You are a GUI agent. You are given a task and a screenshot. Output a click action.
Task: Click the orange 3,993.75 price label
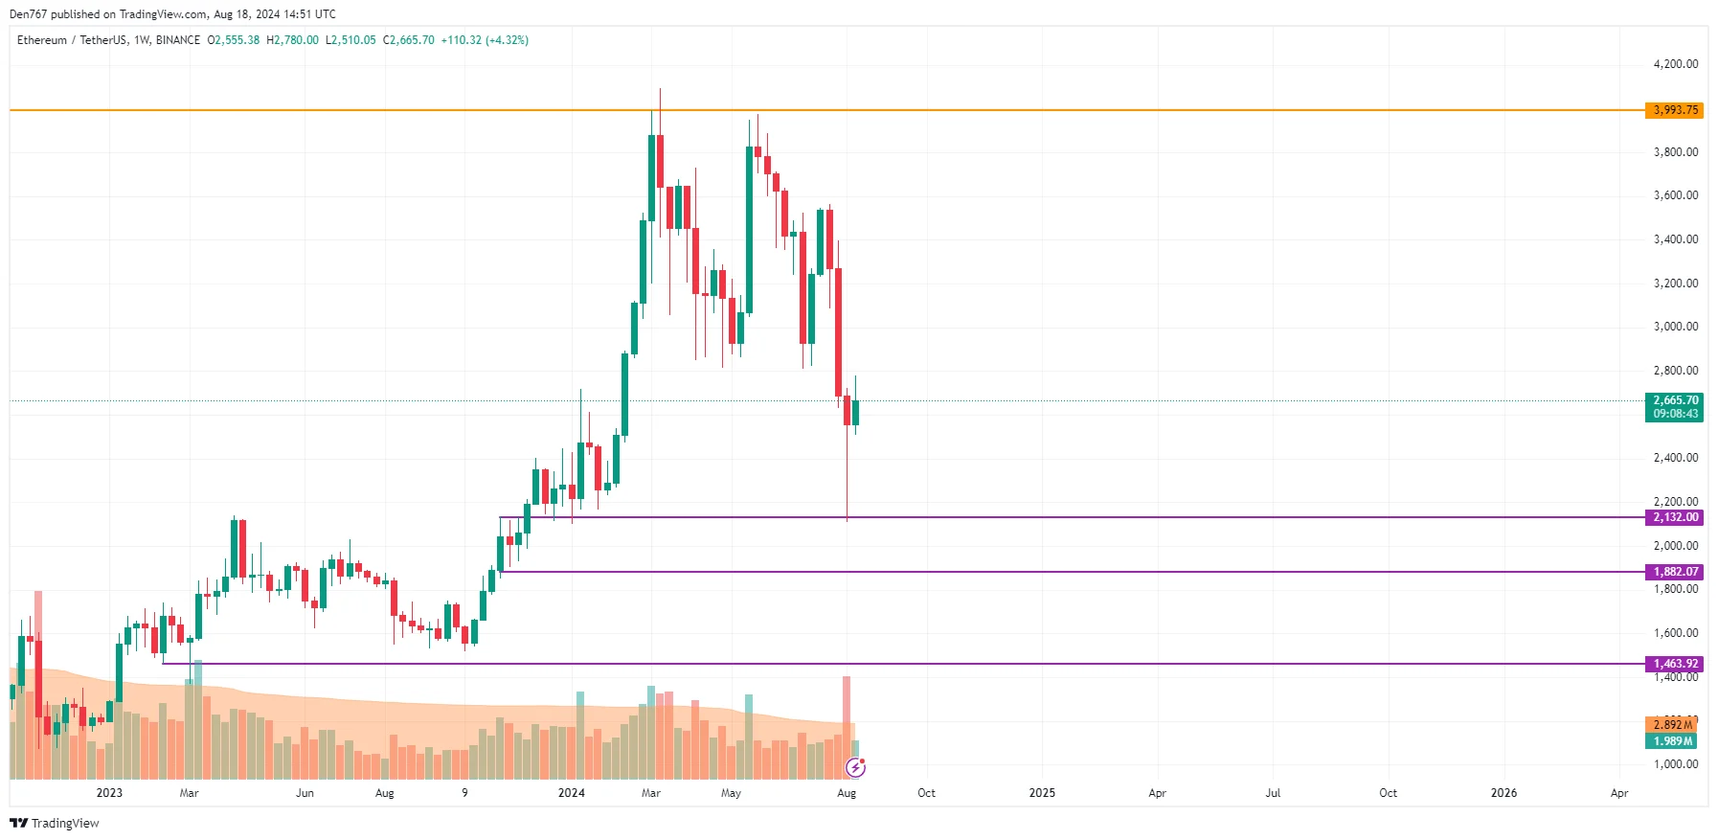pyautogui.click(x=1675, y=110)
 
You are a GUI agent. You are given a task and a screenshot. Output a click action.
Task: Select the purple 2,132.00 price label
pyautogui.click(x=1675, y=517)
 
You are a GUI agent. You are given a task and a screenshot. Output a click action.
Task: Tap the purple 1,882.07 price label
pyautogui.click(x=1675, y=572)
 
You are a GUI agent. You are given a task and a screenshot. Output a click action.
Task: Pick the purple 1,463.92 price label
pyautogui.click(x=1675, y=664)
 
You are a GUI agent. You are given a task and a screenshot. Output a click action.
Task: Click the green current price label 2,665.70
pyautogui.click(x=1675, y=401)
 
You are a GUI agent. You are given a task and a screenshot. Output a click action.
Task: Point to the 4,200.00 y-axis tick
pyautogui.click(x=1675, y=64)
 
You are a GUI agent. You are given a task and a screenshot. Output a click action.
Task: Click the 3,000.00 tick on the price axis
pyautogui.click(x=1675, y=327)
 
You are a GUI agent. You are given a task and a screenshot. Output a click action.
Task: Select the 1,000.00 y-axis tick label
pyautogui.click(x=1675, y=764)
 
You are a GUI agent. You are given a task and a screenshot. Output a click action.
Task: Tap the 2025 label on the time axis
pyautogui.click(x=1042, y=793)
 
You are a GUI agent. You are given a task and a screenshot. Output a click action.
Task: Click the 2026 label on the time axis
pyautogui.click(x=1503, y=793)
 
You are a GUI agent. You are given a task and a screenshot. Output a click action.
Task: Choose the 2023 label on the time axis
pyautogui.click(x=109, y=793)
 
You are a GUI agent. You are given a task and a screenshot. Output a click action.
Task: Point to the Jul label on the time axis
pyautogui.click(x=1273, y=793)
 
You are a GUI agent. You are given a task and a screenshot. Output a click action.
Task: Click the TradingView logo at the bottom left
pyautogui.click(x=55, y=824)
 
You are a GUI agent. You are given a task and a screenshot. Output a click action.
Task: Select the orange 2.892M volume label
pyautogui.click(x=1672, y=725)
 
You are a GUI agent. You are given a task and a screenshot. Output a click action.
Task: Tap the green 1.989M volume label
pyautogui.click(x=1672, y=741)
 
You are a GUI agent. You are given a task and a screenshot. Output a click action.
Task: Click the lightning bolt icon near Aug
pyautogui.click(x=855, y=767)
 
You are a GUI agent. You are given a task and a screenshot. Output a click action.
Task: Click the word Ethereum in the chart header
pyautogui.click(x=42, y=40)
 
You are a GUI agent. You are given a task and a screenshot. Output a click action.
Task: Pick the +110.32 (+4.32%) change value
pyautogui.click(x=485, y=40)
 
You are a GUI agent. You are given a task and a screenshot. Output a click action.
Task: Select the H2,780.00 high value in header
pyautogui.click(x=292, y=40)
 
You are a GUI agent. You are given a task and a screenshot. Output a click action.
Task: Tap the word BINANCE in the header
pyautogui.click(x=178, y=40)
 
